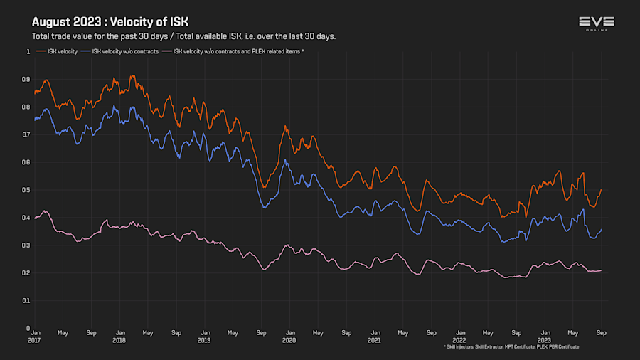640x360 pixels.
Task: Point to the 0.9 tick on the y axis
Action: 26,80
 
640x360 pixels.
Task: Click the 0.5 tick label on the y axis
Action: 26,190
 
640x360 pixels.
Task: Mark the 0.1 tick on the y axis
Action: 26,301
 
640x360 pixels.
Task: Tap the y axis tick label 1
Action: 28,52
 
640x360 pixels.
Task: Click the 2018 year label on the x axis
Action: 119,341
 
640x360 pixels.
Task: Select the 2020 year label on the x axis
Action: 289,341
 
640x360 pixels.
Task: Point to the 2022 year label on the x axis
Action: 459,341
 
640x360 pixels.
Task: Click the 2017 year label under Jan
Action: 34,341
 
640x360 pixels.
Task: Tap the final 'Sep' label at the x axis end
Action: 601,333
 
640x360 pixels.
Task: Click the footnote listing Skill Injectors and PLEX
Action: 511,346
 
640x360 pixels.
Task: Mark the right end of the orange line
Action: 602,189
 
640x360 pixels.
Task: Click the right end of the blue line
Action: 602,229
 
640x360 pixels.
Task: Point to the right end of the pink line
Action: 602,270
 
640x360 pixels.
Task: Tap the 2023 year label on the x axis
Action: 545,341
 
